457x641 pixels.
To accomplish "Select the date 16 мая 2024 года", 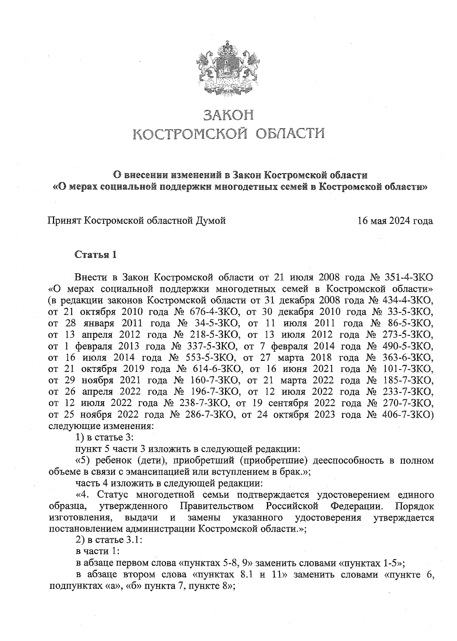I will point(395,221).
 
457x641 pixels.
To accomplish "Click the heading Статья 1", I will point(95,255).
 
